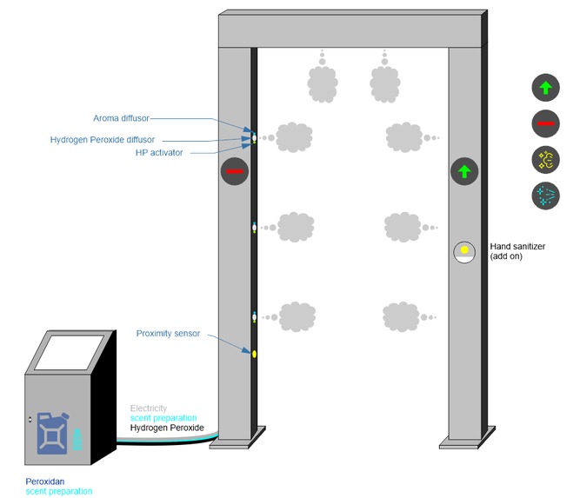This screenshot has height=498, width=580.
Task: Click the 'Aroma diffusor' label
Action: [x=123, y=118]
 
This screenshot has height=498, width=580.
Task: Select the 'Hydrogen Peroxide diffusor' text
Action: [x=103, y=139]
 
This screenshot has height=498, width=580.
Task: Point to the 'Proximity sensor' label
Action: [x=168, y=333]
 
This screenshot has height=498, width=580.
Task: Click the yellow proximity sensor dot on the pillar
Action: [x=254, y=353]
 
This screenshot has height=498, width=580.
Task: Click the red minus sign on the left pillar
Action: [x=235, y=172]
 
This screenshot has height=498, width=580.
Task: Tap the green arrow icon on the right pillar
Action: [x=464, y=171]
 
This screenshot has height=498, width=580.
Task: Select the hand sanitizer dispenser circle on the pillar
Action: [x=464, y=252]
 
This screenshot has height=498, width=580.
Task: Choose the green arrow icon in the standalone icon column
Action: [x=545, y=87]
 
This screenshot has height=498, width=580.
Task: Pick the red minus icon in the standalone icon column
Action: [x=545, y=124]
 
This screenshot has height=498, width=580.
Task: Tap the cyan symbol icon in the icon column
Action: [x=545, y=196]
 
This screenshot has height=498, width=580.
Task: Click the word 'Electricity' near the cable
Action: [x=149, y=408]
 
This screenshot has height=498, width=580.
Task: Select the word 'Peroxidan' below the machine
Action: [x=46, y=481]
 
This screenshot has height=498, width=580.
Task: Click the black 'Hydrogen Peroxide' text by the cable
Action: [x=167, y=428]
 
